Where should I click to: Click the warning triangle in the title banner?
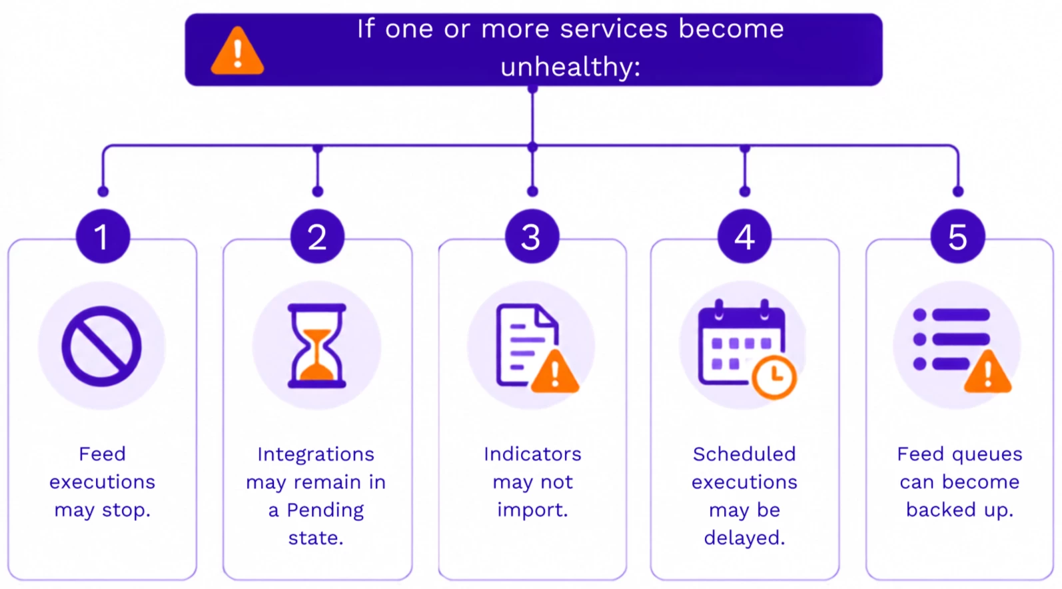tap(237, 51)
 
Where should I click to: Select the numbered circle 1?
tap(103, 236)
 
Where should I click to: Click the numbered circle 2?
tap(318, 236)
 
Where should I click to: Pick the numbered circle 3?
tap(532, 236)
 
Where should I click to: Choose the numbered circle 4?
tap(744, 236)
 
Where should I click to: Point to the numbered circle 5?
tap(957, 236)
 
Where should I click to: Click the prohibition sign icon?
tap(101, 346)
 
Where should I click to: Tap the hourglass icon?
tap(317, 346)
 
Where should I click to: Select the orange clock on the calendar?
tap(774, 377)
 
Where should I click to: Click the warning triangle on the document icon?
tap(555, 372)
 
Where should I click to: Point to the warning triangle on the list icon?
tap(988, 372)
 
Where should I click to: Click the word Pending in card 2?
tap(325, 510)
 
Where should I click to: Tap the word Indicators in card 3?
tap(532, 454)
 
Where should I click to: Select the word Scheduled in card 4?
tap(744, 454)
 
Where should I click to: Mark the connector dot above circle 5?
tap(957, 192)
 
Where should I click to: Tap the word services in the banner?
tap(614, 29)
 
